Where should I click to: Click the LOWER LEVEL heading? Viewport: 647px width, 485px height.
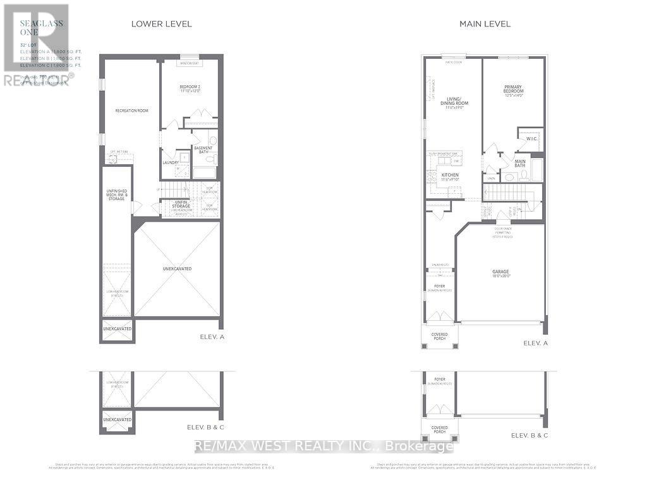pyautogui.click(x=161, y=24)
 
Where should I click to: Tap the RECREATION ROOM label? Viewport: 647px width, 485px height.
pyautogui.click(x=131, y=111)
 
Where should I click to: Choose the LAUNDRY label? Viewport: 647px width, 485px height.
pyautogui.click(x=171, y=163)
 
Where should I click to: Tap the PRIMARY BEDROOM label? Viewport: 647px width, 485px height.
pyautogui.click(x=514, y=90)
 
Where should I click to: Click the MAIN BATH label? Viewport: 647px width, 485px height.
pyautogui.click(x=521, y=162)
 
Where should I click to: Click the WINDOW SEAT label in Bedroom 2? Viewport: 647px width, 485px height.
pyautogui.click(x=188, y=63)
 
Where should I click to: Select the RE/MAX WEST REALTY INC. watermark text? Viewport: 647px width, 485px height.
pyautogui.click(x=322, y=446)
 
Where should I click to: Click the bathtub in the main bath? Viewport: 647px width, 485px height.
pyautogui.click(x=536, y=171)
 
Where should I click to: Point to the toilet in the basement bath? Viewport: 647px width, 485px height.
pyautogui.click(x=213, y=140)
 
